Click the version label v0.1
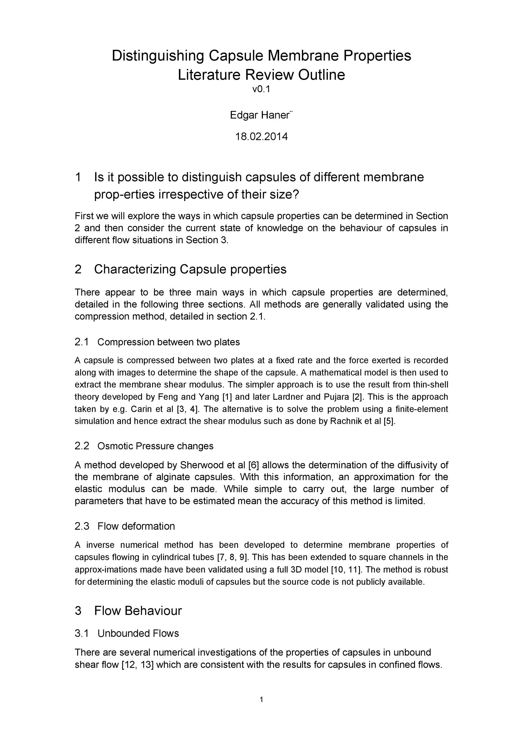click(x=261, y=89)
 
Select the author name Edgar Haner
click(x=260, y=115)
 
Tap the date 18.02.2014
click(x=261, y=137)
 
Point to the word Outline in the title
click(x=321, y=75)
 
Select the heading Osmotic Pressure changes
click(x=155, y=446)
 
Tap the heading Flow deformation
click(x=136, y=526)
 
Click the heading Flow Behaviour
click(x=138, y=611)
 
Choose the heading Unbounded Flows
click(x=138, y=633)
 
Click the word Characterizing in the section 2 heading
click(x=135, y=269)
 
